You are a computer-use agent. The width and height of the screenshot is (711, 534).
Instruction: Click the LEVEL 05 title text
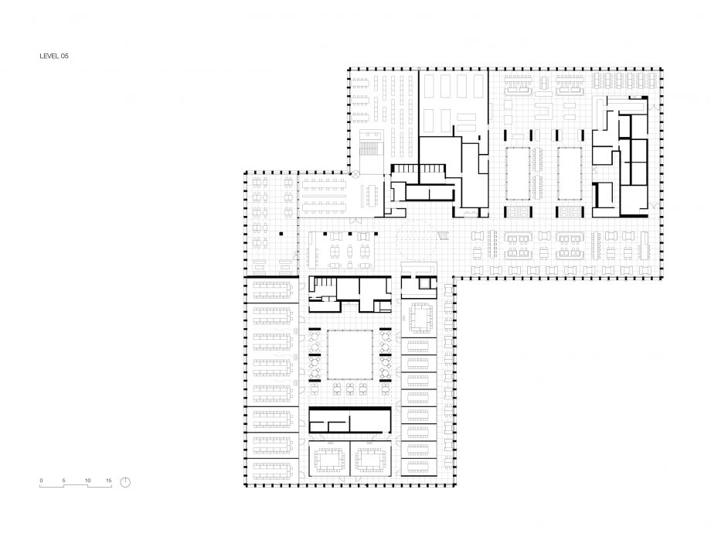tap(54, 56)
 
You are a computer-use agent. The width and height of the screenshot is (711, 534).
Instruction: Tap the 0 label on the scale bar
tap(41, 481)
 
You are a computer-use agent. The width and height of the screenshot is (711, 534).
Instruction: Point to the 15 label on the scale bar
tap(109, 481)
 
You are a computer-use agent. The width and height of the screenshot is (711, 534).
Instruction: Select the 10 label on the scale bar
tap(87, 481)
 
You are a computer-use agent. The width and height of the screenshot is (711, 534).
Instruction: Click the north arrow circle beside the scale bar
tap(126, 482)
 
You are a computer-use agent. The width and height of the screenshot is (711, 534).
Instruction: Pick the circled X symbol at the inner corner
tap(355, 173)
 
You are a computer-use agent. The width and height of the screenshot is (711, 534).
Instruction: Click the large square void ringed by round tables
tap(350, 354)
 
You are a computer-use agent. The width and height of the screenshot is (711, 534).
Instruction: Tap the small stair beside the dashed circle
tap(443, 234)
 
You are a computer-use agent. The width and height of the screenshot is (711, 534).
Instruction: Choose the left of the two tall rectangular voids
tap(518, 173)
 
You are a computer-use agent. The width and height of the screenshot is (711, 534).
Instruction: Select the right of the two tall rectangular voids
tap(570, 173)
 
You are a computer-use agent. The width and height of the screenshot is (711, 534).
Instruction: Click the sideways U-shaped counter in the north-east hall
tap(544, 111)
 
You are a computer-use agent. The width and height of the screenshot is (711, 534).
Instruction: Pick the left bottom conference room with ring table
tap(329, 459)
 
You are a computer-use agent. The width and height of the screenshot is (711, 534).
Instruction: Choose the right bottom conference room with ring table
tap(371, 459)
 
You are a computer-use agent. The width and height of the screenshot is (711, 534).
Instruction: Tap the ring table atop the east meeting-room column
tap(420, 318)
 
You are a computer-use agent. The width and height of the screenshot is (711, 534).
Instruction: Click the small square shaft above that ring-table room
tap(424, 283)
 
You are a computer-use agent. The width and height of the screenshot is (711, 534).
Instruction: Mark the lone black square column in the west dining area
tap(281, 234)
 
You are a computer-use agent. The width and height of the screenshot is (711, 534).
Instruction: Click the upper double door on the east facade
tap(654, 107)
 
